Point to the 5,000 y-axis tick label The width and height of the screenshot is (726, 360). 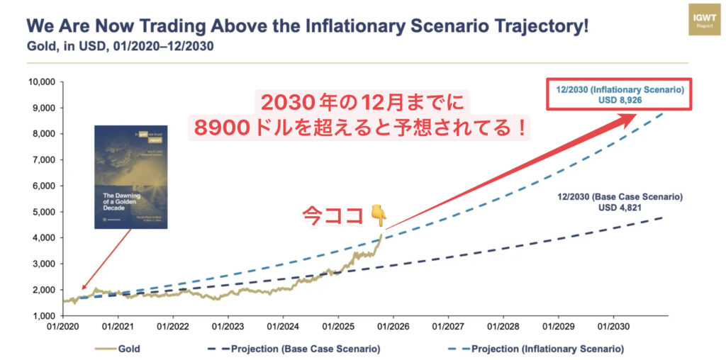pyautogui.click(x=43, y=211)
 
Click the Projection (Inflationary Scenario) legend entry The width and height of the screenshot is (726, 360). pyautogui.click(x=539, y=349)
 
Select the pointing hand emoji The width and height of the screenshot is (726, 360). pyautogui.click(x=379, y=213)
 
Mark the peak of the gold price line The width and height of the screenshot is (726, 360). pyautogui.click(x=381, y=235)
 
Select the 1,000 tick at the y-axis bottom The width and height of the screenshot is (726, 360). pyautogui.click(x=43, y=315)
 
